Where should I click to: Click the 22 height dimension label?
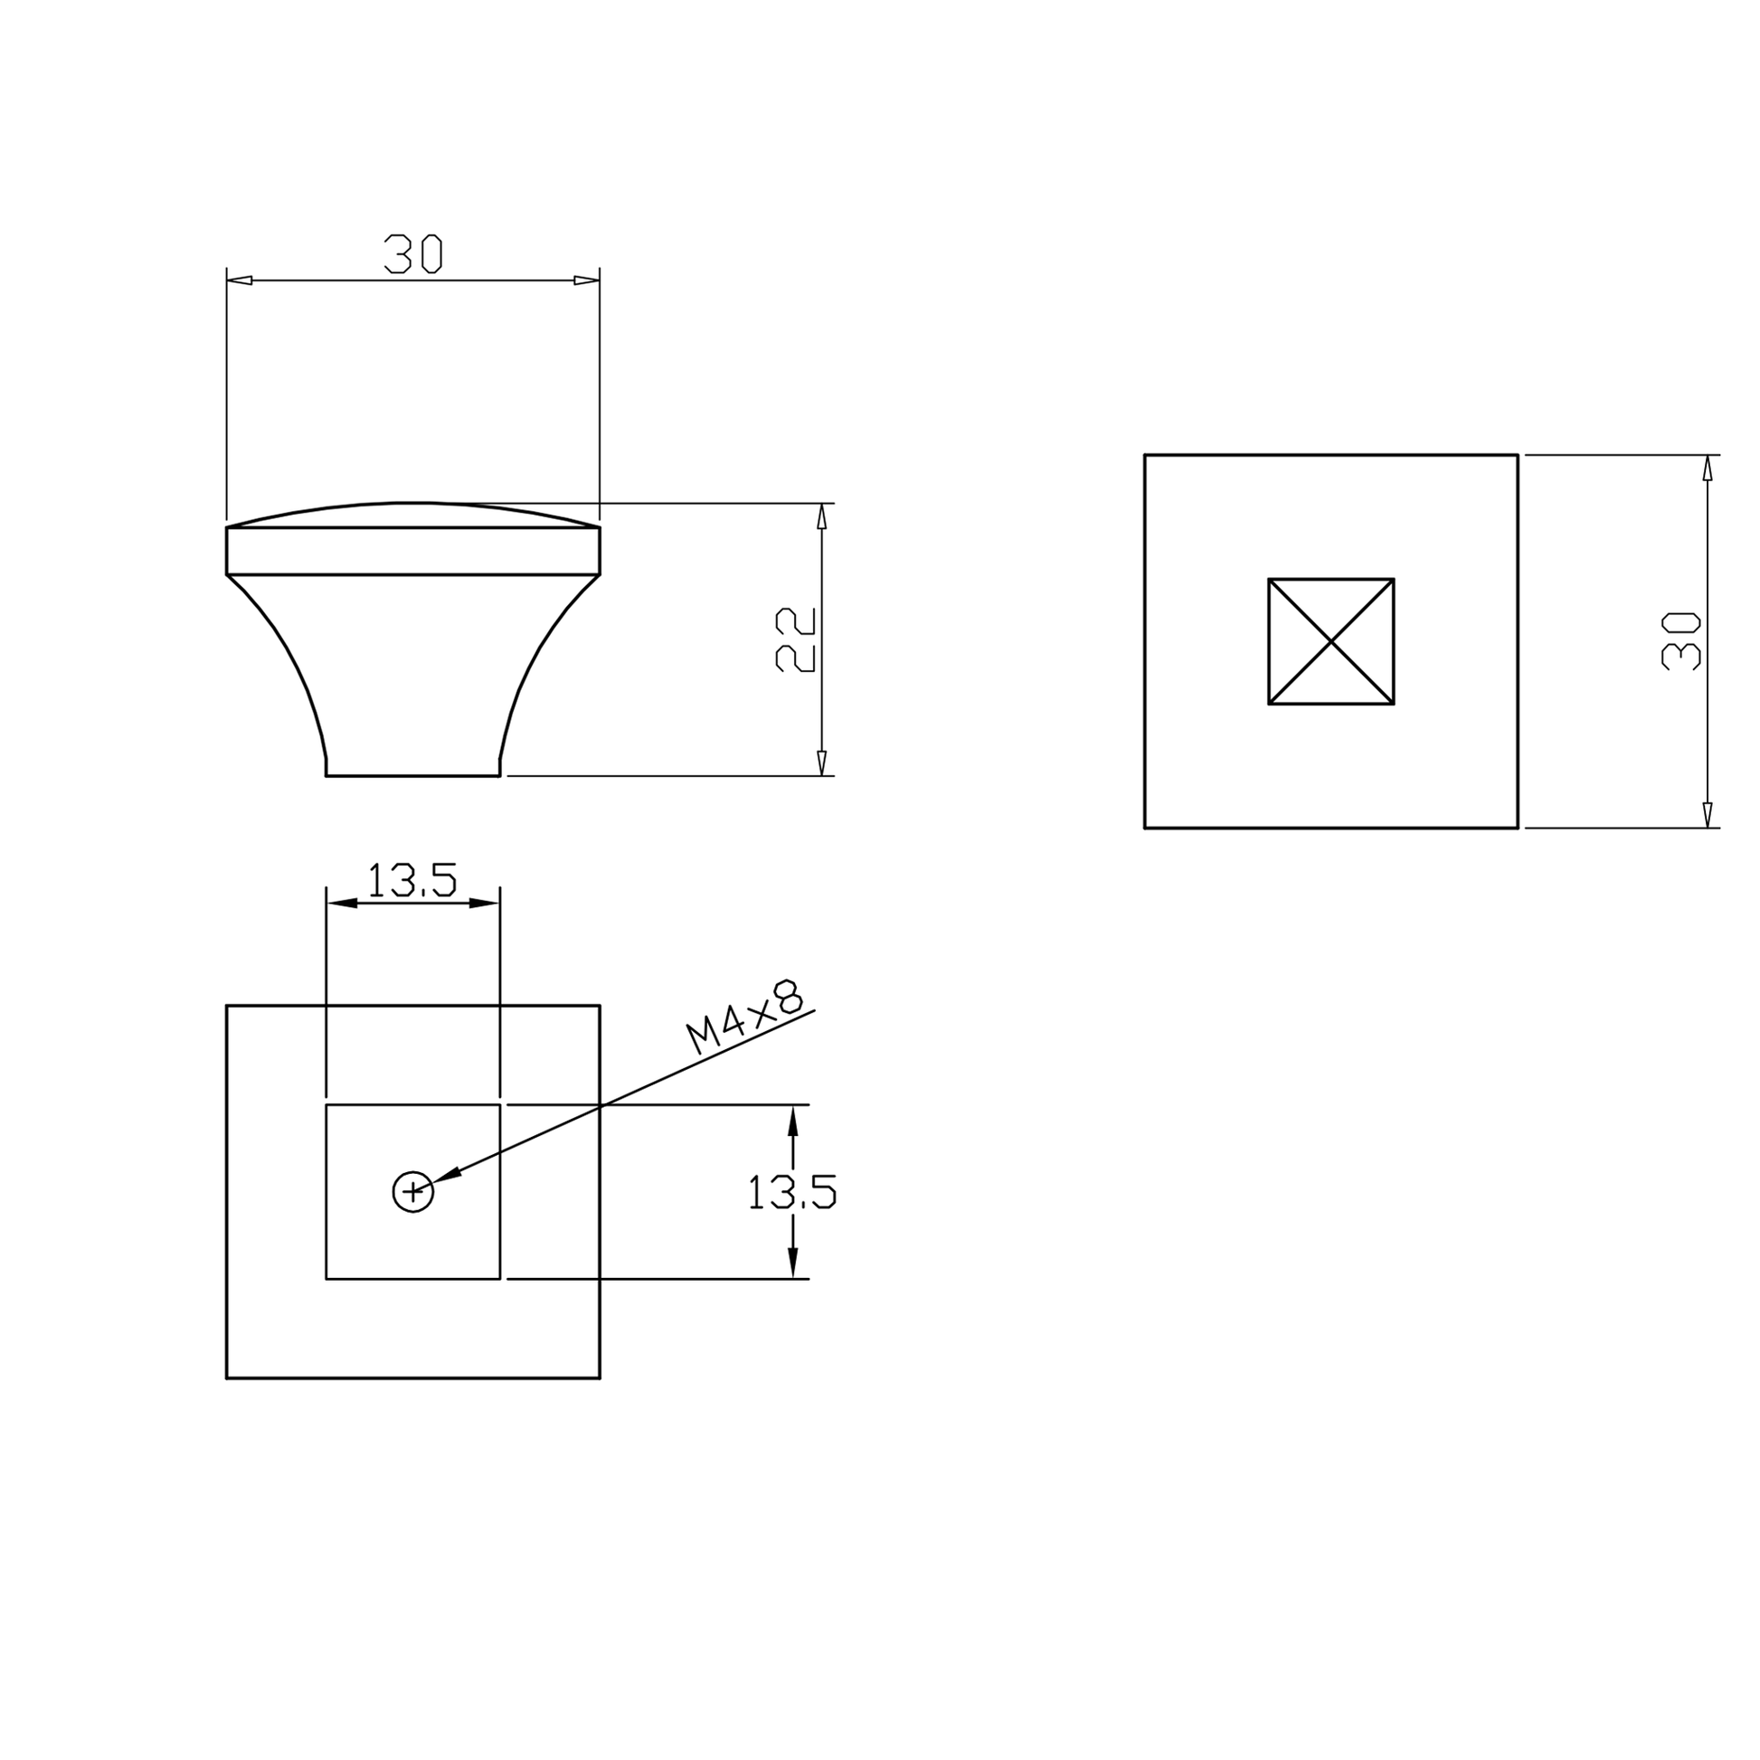pyautogui.click(x=795, y=639)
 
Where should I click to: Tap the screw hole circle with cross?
pyautogui.click(x=412, y=1190)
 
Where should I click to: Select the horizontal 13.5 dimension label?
pyautogui.click(x=412, y=880)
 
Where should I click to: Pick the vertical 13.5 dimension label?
pyautogui.click(x=791, y=1191)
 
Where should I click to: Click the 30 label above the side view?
pyautogui.click(x=412, y=254)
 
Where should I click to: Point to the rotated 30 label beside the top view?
pyautogui.click(x=1680, y=641)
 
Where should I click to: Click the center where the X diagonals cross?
pyautogui.click(x=1331, y=641)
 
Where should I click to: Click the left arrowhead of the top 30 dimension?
pyautogui.click(x=239, y=279)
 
